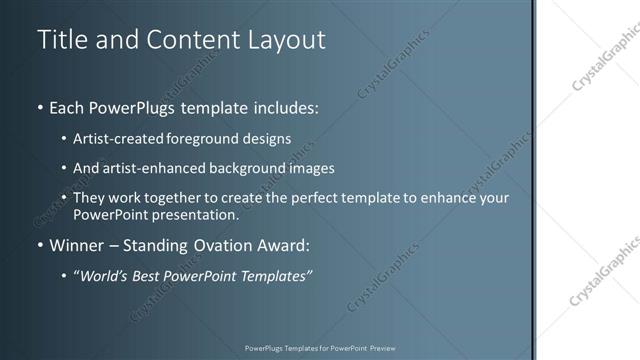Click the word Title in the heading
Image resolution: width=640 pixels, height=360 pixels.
[62, 40]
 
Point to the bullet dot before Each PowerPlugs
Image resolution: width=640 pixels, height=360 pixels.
[39, 106]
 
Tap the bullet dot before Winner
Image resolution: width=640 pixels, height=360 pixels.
[39, 245]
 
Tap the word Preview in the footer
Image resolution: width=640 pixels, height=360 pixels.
[382, 348]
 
